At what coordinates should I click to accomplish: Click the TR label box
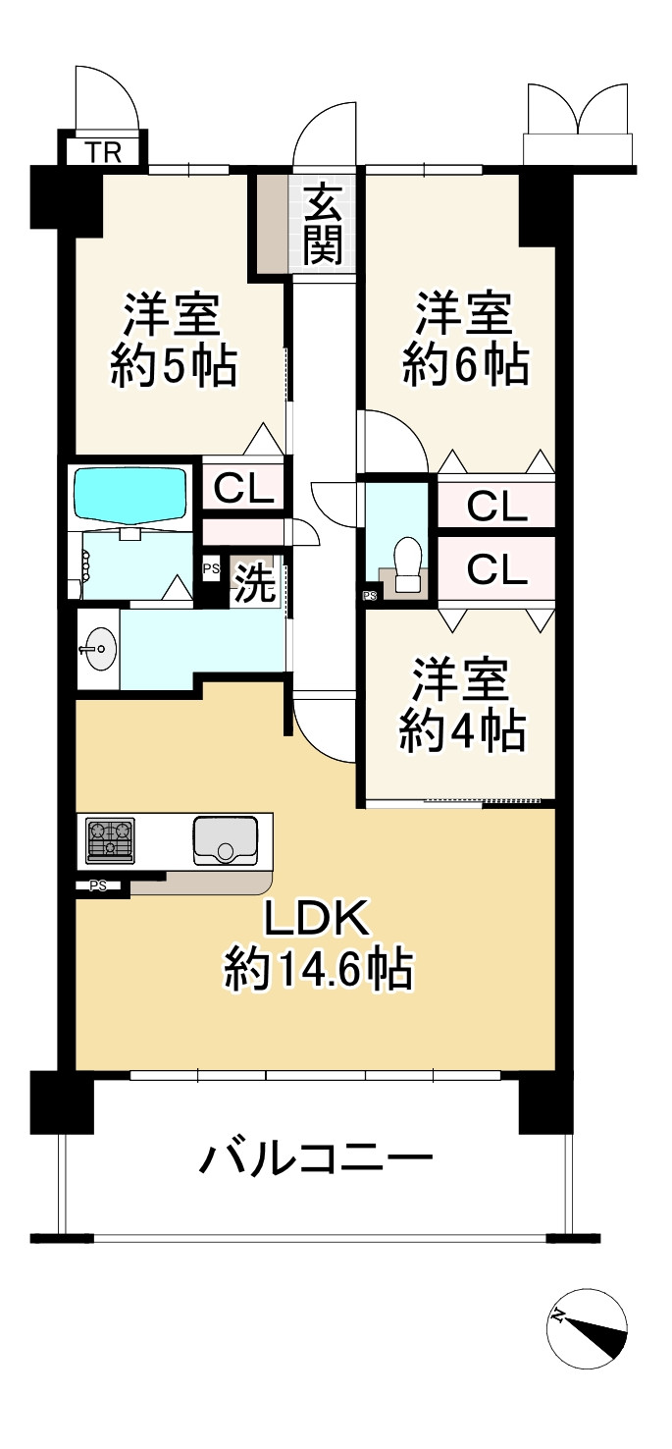[105, 152]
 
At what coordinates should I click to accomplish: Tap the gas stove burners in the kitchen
[111, 839]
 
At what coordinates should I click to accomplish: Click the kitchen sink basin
[225, 840]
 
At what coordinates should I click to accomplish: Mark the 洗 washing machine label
[254, 585]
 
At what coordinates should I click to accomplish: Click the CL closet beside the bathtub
[243, 489]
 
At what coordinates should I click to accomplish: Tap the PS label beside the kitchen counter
[98, 885]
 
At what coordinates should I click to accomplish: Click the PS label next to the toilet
[370, 595]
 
